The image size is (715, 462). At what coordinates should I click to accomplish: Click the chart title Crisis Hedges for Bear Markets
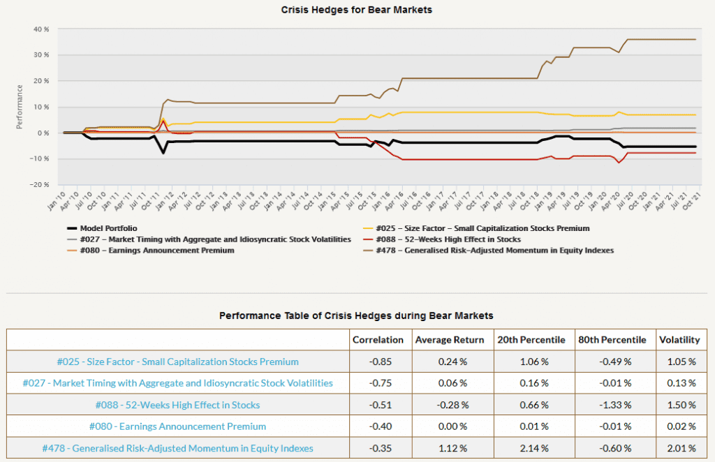tap(356, 10)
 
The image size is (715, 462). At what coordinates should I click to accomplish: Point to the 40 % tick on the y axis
tap(41, 29)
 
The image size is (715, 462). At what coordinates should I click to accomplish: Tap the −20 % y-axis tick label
tap(39, 184)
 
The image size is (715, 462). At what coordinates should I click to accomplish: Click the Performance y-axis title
tap(20, 107)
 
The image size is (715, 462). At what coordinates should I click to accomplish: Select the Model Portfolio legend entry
tap(102, 228)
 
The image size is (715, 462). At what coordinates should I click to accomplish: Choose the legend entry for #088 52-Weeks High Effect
tap(442, 239)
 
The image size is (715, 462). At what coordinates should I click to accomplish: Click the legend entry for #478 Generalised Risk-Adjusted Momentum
tap(488, 250)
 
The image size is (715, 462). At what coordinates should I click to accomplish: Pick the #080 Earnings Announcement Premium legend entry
tap(151, 250)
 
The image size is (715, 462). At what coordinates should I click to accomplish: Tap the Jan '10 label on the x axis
tap(57, 201)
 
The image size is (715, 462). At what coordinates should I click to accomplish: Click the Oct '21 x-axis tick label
tap(692, 201)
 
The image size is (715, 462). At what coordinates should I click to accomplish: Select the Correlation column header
tap(378, 340)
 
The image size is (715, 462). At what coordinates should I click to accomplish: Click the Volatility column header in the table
tap(679, 340)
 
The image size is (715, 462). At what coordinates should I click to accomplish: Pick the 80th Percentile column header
tap(612, 340)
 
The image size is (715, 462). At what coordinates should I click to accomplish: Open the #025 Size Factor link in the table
tap(178, 362)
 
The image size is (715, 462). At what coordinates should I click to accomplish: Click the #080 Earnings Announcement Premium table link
tap(177, 426)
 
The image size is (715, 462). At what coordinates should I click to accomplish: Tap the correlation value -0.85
tap(381, 362)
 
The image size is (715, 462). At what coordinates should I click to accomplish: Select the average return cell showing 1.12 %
tap(452, 448)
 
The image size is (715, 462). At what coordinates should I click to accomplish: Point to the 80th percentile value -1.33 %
tap(615, 405)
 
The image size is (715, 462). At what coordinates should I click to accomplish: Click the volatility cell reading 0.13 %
tap(681, 383)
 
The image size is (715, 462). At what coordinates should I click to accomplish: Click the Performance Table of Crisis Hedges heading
tap(356, 315)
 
